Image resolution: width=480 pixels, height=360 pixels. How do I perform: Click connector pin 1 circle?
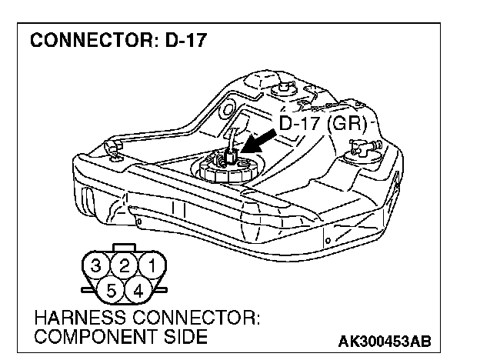coord(153,268)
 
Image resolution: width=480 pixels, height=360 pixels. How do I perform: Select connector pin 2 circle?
coord(123,267)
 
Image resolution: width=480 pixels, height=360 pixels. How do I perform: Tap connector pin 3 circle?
coord(95,268)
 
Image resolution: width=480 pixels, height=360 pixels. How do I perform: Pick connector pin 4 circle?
coord(139,291)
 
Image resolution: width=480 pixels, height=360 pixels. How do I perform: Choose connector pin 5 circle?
coord(110,291)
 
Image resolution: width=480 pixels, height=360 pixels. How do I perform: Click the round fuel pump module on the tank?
coord(226,167)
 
